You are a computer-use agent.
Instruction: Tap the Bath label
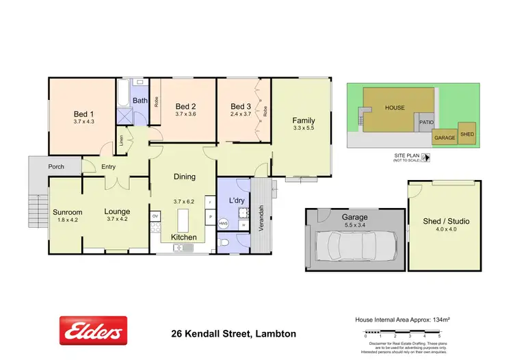140,101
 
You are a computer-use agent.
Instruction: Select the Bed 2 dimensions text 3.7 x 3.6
185,114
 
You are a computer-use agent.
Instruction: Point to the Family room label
304,120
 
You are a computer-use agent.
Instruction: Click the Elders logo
93,331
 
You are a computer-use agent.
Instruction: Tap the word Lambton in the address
275,335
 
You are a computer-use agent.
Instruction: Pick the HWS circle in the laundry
223,224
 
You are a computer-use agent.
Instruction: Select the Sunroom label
67,212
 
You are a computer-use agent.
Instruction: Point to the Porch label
56,167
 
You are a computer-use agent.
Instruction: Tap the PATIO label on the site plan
427,123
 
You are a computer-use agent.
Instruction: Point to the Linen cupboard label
122,140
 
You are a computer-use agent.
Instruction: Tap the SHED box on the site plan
467,134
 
